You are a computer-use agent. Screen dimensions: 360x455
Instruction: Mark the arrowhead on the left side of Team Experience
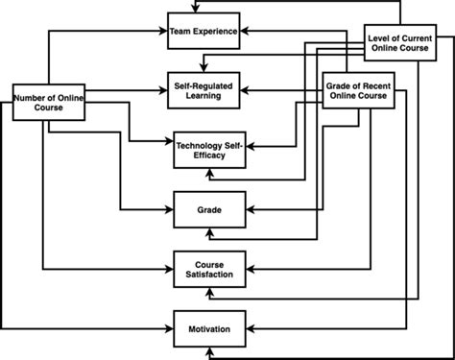coord(164,32)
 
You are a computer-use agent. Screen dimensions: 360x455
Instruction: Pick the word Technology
coord(199,144)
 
